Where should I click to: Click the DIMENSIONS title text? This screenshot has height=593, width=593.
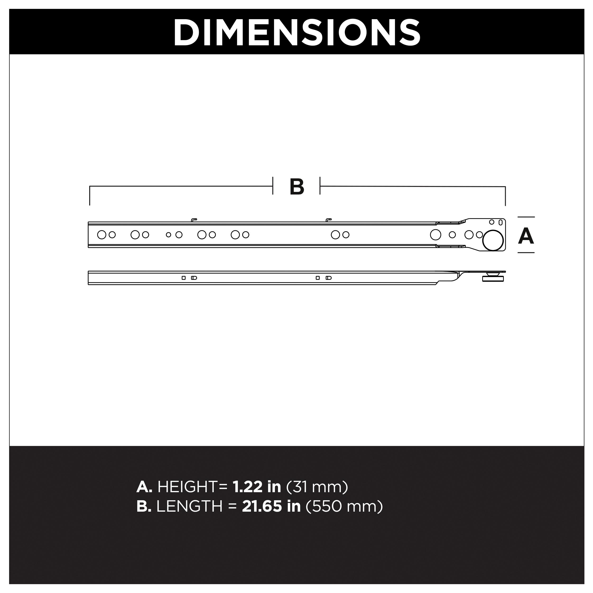[x=296, y=32]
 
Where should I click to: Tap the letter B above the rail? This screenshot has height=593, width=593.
[x=297, y=187]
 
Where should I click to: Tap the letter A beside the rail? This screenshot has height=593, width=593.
[x=526, y=236]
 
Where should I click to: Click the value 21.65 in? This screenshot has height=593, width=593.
[x=271, y=506]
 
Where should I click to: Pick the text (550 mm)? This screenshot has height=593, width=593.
[x=344, y=506]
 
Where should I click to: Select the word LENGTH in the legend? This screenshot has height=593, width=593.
[x=189, y=506]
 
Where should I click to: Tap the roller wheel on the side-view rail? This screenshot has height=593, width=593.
[x=493, y=278]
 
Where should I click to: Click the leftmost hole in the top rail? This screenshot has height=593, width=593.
[x=102, y=235]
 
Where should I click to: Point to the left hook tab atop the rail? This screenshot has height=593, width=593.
[x=194, y=220]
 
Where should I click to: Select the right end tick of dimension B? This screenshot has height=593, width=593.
[x=505, y=196]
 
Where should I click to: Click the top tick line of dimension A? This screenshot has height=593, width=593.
[x=526, y=217]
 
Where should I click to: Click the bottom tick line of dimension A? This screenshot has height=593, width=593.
[x=526, y=253]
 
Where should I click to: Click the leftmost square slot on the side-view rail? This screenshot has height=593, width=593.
[x=184, y=278]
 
